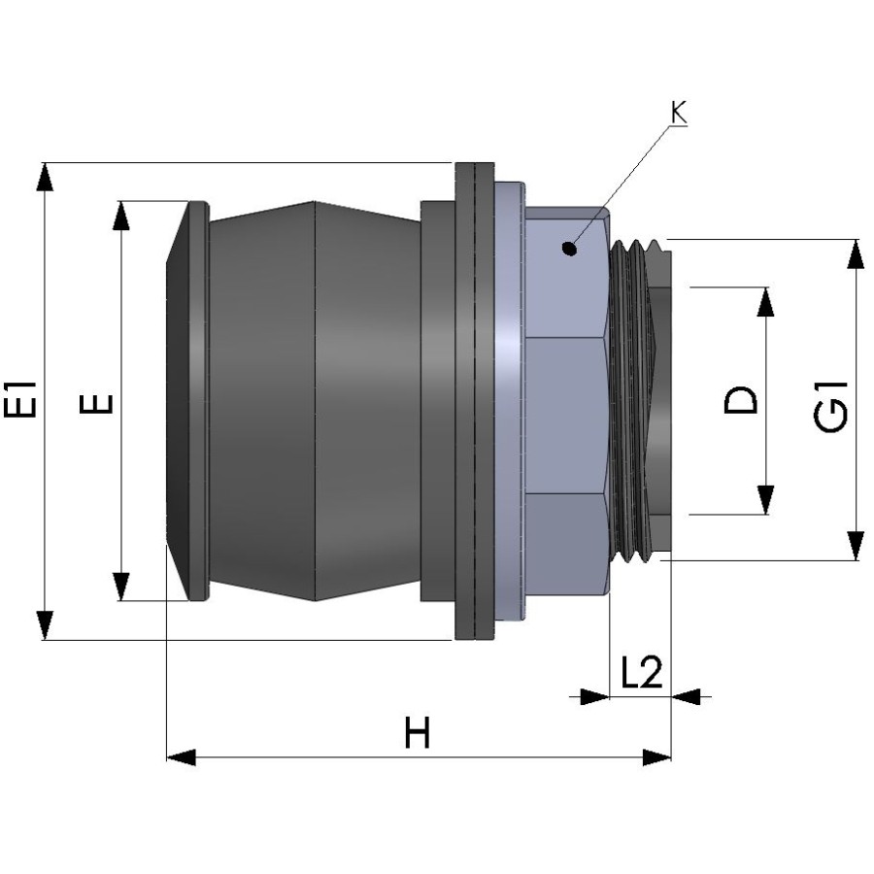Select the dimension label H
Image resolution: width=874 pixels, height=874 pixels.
417,735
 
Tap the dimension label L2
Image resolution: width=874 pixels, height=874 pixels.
640,674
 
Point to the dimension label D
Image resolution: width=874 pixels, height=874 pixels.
743,400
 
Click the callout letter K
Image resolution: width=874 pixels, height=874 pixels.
678,113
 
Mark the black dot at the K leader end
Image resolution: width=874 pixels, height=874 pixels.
571,249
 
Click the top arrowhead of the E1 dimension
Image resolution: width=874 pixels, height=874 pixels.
44,178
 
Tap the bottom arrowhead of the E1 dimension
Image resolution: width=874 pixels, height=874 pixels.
44,624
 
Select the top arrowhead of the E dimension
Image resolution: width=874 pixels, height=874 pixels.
121,216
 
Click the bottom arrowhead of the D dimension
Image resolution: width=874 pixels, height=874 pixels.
766,500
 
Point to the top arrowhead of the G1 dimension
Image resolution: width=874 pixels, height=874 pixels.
855,253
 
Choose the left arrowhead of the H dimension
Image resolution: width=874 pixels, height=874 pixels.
183,756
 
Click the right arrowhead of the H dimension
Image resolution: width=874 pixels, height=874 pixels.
656,756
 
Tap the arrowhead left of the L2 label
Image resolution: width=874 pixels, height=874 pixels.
593,696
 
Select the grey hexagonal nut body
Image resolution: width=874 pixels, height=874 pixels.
566,408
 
